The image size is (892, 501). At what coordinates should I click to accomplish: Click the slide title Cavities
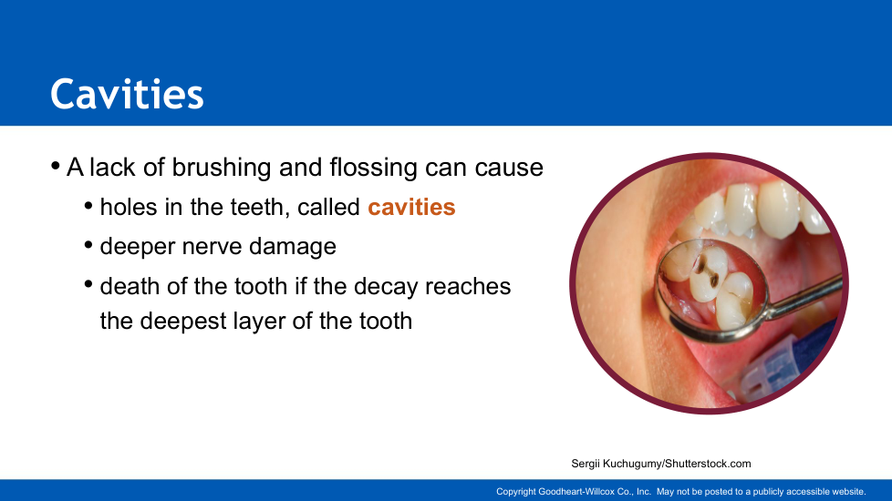(127, 94)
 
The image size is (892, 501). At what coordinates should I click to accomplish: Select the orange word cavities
(411, 207)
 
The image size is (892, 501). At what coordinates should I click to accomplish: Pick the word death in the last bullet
(130, 286)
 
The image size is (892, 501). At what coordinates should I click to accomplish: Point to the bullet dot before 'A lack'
(56, 167)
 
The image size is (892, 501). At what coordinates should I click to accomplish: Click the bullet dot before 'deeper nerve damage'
(88, 245)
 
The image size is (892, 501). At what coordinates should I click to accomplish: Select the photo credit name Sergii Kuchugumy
(617, 464)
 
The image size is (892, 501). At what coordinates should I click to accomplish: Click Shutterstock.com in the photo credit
(708, 464)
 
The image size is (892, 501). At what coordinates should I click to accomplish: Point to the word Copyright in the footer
(516, 491)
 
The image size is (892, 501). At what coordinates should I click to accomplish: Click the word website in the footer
(849, 491)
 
